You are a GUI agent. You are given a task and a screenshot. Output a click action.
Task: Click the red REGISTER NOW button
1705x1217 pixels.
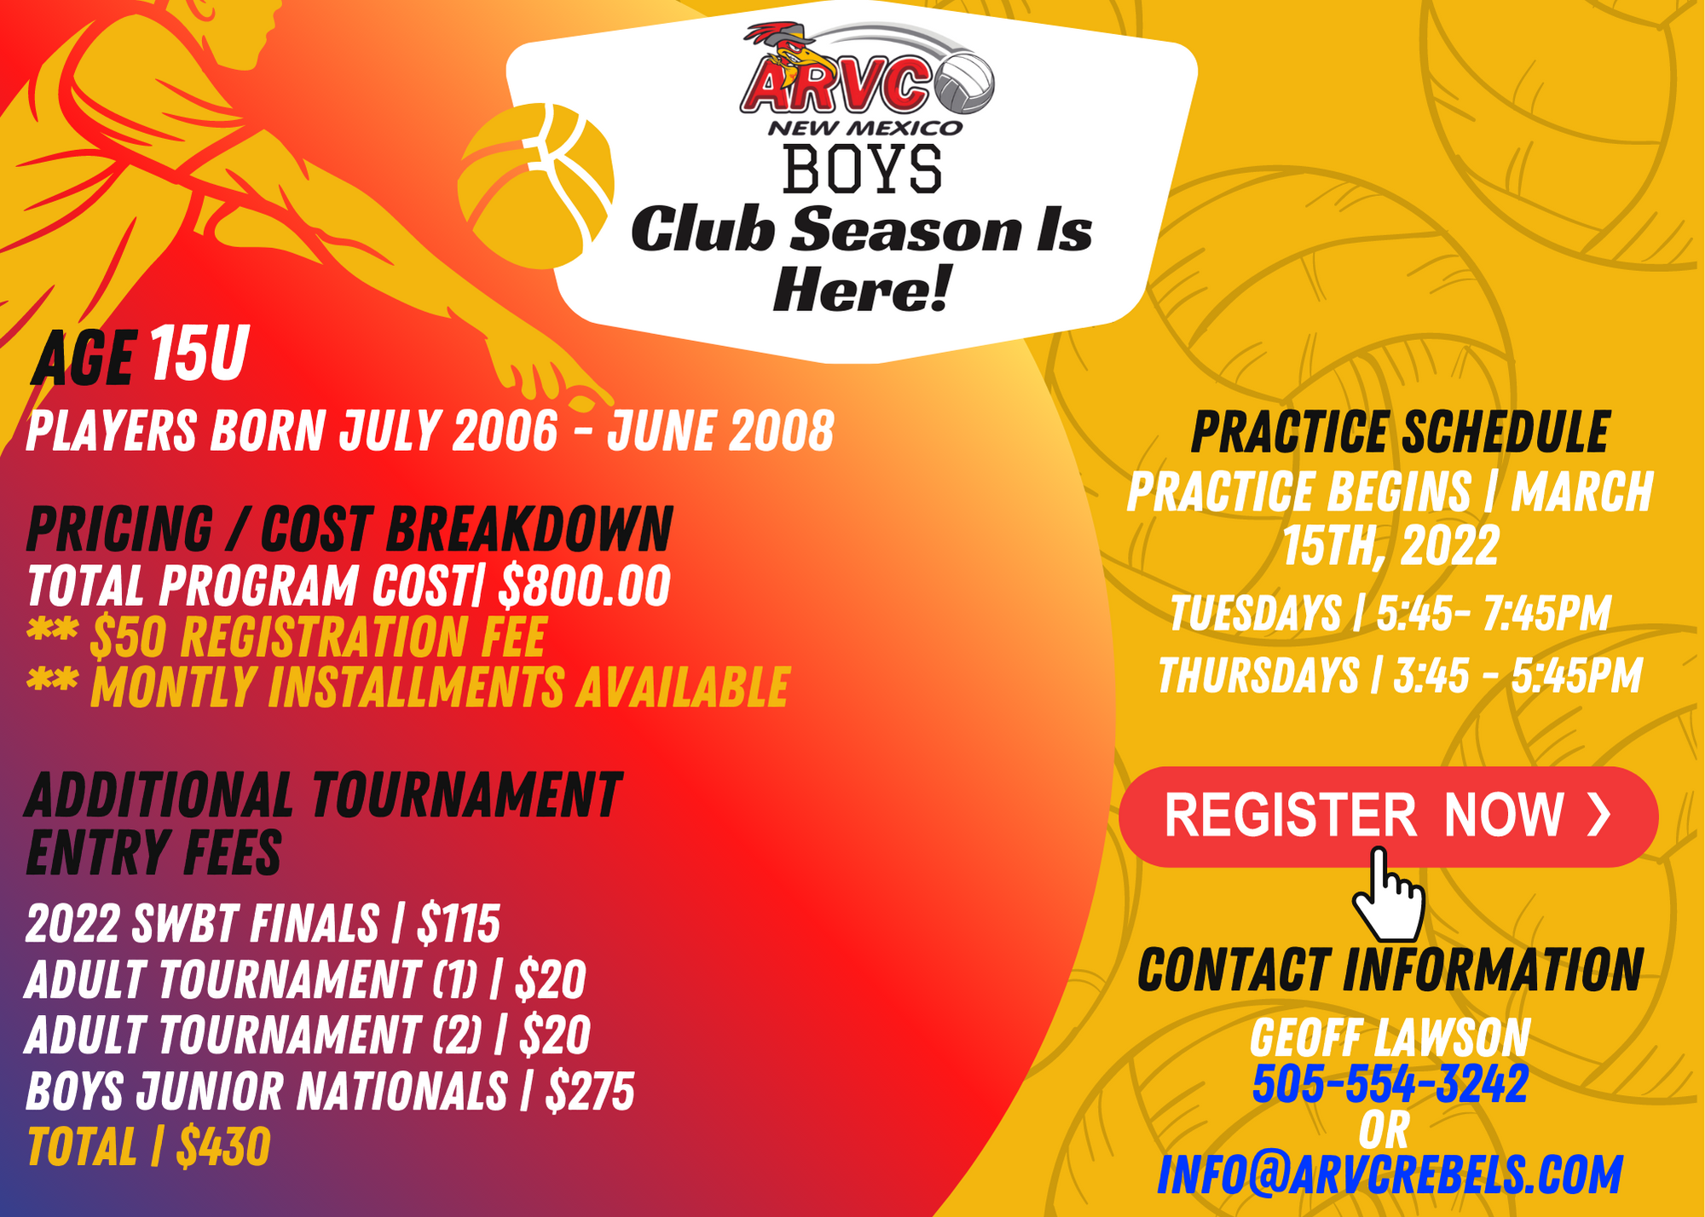1389,816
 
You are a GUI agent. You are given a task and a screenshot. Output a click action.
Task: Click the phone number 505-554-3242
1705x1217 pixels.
1390,1083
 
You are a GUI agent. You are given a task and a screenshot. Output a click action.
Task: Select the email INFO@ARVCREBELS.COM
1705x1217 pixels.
1390,1174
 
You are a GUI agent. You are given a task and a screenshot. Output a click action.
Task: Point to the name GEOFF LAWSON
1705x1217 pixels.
1390,1037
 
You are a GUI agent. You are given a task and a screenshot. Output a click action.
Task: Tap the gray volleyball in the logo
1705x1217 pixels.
964,84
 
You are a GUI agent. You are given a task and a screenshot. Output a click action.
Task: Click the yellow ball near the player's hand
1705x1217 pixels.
535,185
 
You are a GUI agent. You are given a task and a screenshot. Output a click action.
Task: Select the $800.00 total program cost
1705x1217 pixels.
585,585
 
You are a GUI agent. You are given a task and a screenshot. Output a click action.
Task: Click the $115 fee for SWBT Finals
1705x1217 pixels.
458,923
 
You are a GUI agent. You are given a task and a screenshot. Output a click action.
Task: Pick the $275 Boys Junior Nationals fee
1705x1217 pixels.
590,1091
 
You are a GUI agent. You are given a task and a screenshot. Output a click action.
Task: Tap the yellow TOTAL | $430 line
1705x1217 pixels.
149,1146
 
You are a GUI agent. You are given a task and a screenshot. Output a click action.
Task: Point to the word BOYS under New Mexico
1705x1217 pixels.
862,169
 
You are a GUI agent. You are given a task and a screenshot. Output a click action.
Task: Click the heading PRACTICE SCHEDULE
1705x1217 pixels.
1400,432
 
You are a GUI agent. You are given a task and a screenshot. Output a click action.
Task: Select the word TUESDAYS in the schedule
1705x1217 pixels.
1256,613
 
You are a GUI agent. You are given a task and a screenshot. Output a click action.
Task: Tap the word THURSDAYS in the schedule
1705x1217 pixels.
1258,676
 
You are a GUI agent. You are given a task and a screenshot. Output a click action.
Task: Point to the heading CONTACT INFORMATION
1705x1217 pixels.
1390,970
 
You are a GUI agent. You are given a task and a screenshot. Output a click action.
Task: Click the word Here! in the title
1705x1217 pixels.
861,289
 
